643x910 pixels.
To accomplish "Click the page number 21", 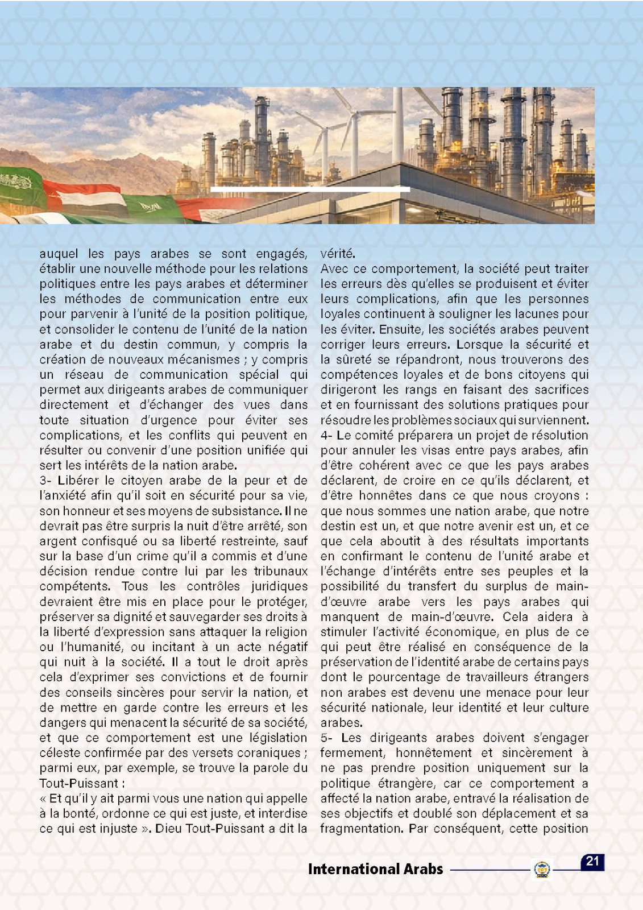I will (592, 861).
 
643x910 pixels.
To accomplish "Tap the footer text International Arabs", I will (375, 869).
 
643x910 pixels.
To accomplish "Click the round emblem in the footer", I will (542, 870).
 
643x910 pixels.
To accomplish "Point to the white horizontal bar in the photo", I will (310, 189).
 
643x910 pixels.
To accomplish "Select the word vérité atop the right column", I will (338, 254).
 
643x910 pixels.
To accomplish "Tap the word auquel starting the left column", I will (59, 254).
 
